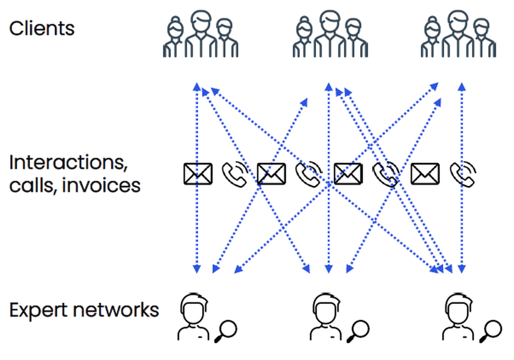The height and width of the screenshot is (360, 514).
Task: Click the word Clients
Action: coord(42,29)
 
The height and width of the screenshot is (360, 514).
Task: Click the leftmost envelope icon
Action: coord(197,174)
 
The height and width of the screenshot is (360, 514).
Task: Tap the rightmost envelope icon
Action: coord(425,174)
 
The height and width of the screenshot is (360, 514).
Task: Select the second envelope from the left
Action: coord(271,174)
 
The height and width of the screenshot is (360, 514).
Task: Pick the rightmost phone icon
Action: coord(463,174)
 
